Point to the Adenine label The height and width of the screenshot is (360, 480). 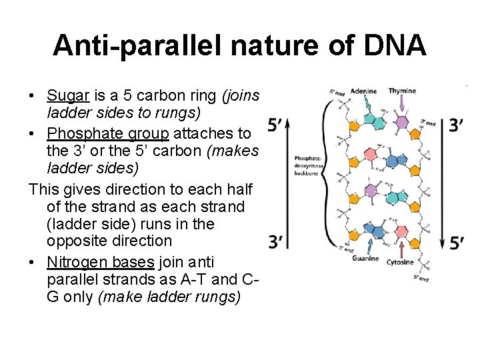click(363, 91)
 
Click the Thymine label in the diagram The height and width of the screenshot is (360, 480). click(402, 91)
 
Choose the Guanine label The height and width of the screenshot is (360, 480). click(365, 259)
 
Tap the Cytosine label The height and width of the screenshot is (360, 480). click(400, 262)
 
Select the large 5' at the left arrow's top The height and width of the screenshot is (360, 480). click(276, 124)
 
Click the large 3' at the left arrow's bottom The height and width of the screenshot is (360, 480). click(276, 241)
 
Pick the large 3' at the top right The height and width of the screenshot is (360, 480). click(457, 125)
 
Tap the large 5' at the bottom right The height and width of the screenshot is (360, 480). click(457, 242)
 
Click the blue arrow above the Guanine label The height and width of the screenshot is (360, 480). click(365, 245)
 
